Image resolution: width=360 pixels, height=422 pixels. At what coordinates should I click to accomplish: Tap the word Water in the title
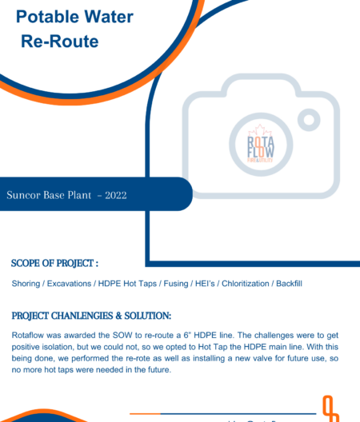tap(106, 15)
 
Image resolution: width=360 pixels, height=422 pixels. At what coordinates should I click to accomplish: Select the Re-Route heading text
tap(60, 42)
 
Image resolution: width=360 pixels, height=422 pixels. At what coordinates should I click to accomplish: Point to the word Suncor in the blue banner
tap(25, 194)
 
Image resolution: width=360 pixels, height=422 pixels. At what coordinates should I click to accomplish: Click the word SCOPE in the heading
tap(28, 262)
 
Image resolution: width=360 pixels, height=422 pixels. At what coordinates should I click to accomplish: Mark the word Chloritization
tap(244, 284)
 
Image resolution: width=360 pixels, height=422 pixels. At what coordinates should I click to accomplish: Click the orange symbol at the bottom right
tap(330, 408)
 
